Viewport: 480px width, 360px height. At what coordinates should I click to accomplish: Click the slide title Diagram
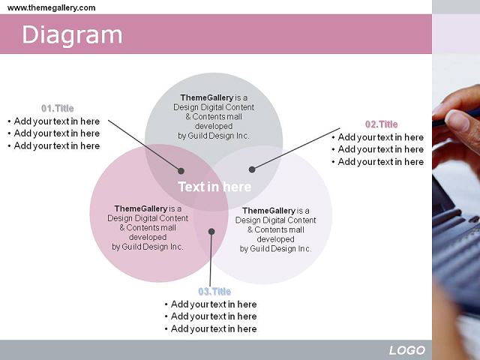tap(72, 36)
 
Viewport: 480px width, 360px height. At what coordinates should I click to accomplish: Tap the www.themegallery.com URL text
tap(52, 7)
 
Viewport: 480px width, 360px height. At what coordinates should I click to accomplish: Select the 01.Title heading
tap(58, 108)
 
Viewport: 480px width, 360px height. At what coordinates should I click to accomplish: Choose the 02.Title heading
tap(382, 124)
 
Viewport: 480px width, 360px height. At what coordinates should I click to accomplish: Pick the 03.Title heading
tap(214, 292)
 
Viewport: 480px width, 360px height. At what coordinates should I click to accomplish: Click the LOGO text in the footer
tap(407, 350)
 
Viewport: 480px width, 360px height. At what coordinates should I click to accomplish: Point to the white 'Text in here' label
tap(214, 187)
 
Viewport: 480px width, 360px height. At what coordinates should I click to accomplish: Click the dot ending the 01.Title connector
tap(181, 171)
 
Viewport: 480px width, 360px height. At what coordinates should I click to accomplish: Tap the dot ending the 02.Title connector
tap(252, 169)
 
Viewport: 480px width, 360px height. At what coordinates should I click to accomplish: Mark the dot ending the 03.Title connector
tap(211, 232)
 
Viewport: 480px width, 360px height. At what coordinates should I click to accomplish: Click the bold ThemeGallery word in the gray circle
tap(207, 97)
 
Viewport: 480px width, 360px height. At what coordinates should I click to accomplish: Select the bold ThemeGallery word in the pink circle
tap(141, 208)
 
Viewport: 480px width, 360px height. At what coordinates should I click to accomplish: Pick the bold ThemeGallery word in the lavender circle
tap(268, 211)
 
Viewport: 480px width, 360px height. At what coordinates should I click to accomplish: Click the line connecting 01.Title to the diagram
tap(145, 145)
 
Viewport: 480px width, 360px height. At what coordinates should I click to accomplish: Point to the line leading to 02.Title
tap(296, 148)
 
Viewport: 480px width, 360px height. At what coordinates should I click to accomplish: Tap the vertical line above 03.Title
tap(211, 259)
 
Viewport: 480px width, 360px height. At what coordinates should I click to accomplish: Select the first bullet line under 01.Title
tap(54, 121)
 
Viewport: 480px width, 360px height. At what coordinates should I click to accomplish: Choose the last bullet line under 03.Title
tap(211, 328)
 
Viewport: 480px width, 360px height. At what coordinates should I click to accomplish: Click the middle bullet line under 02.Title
tap(378, 149)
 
